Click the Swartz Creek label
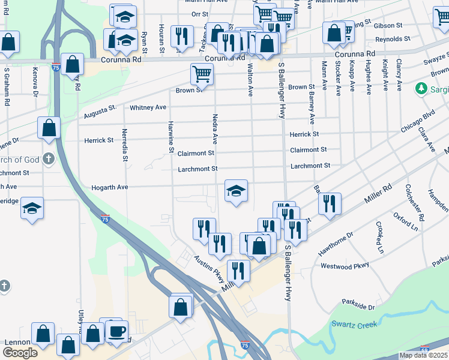(354, 325)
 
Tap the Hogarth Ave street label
(110, 187)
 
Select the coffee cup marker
(117, 331)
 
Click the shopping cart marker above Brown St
(202, 74)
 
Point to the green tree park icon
(421, 89)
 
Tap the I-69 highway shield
(425, 349)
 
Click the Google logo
(20, 353)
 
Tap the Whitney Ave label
(148, 107)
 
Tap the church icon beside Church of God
(49, 160)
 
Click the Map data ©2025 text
(423, 355)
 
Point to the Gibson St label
(388, 26)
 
